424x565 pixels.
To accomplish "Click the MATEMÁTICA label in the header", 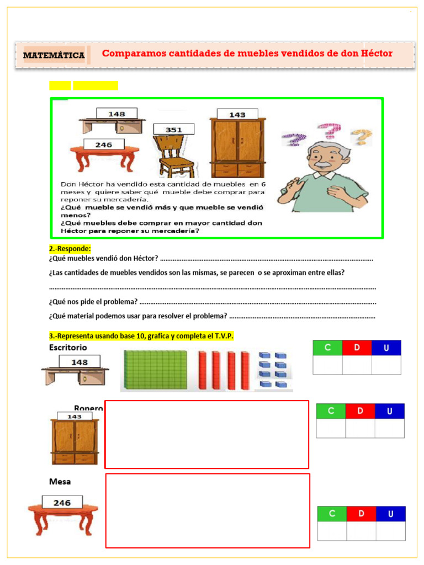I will coord(54,55).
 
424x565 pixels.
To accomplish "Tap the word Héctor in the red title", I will coord(373,54).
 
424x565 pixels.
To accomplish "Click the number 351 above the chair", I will coord(174,130).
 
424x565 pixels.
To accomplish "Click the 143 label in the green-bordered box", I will coord(237,114).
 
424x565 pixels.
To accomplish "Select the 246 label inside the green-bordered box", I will coord(104,145).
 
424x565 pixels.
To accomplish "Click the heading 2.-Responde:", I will coord(70,249).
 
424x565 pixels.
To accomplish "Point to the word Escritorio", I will coord(68,348).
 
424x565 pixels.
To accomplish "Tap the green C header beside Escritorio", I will coord(327,348).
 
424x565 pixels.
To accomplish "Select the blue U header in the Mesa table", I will coord(390,514).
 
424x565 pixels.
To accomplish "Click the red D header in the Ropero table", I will coord(360,411).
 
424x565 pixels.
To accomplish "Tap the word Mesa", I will coord(60,481).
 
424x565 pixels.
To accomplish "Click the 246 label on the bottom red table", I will coord(62,503).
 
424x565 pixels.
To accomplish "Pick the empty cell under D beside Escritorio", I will coord(357,365).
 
